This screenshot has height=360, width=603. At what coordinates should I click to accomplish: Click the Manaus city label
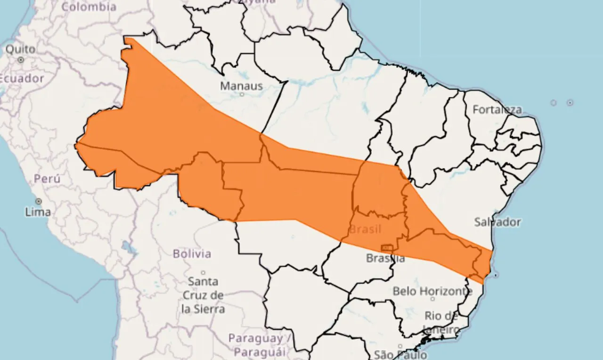(241, 86)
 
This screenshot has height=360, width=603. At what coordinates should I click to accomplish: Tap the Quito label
(20, 49)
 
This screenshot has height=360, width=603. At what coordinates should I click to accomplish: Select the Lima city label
(38, 212)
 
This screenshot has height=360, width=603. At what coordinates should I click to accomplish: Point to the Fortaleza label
(497, 110)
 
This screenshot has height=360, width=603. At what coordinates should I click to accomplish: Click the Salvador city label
(497, 222)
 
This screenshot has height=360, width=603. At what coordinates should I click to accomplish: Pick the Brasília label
(385, 258)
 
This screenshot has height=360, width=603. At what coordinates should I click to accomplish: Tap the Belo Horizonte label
(432, 291)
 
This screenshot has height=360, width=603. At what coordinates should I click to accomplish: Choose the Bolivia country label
(192, 254)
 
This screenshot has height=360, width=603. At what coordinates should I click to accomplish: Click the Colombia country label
(89, 7)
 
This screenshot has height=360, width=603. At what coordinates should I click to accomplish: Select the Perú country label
(47, 179)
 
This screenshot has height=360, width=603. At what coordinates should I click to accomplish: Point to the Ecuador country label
(21, 79)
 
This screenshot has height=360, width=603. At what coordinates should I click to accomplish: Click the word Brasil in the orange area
(365, 229)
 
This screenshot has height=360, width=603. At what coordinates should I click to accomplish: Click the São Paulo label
(400, 354)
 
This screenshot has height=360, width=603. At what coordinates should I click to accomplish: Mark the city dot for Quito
(21, 60)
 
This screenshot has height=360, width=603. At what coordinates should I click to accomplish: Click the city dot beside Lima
(38, 201)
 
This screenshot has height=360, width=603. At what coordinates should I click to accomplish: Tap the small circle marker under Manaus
(242, 94)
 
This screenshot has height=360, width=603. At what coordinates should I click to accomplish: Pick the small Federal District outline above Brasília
(387, 248)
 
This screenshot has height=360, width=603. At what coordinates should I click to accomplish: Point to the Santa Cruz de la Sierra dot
(203, 272)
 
